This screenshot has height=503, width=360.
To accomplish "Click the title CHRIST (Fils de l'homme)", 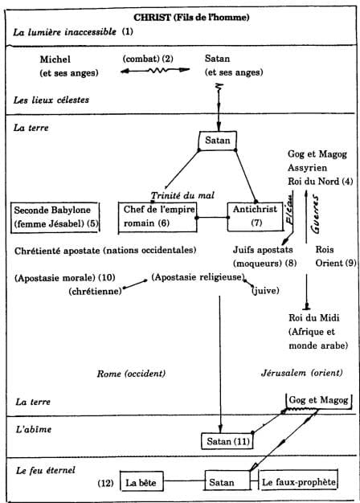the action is (x=191, y=17).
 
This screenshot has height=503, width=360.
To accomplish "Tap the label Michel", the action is (x=55, y=59).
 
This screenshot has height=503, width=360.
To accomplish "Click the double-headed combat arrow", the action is (x=155, y=70).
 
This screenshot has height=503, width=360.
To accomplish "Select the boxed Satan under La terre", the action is (x=218, y=141).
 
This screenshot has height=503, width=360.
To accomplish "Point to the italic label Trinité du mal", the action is (x=182, y=195).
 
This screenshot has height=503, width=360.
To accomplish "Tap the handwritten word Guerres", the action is (x=315, y=215).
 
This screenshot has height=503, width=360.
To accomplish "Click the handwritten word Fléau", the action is (x=290, y=213).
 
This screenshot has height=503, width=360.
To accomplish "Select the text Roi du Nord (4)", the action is (x=320, y=182).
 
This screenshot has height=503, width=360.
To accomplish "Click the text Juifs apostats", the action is (x=263, y=250).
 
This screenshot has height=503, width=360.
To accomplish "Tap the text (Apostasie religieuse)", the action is (x=198, y=277).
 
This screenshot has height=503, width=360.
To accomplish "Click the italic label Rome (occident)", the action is (x=131, y=374).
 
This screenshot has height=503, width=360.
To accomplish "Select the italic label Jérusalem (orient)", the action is (x=302, y=373).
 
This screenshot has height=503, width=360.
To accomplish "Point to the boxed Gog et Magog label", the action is (x=318, y=401).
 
